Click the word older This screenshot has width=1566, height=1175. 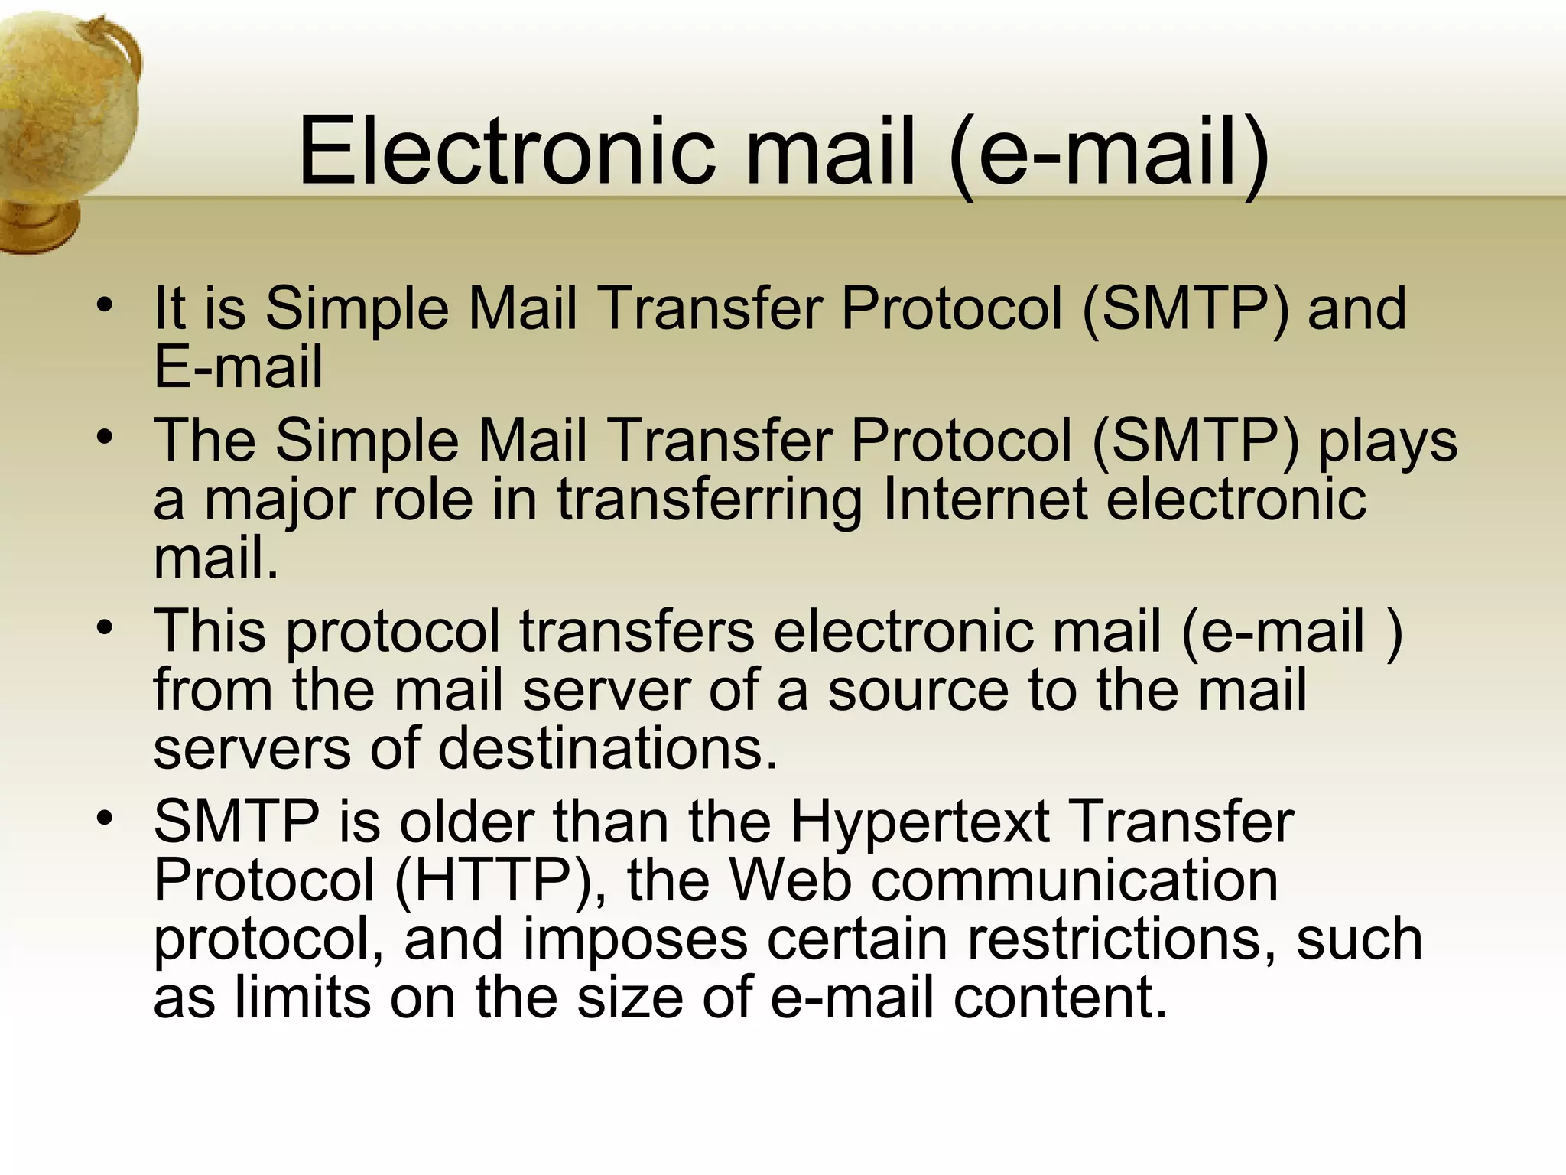(x=466, y=823)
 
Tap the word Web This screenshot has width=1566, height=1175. (x=791, y=881)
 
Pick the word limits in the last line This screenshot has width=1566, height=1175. (x=303, y=998)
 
